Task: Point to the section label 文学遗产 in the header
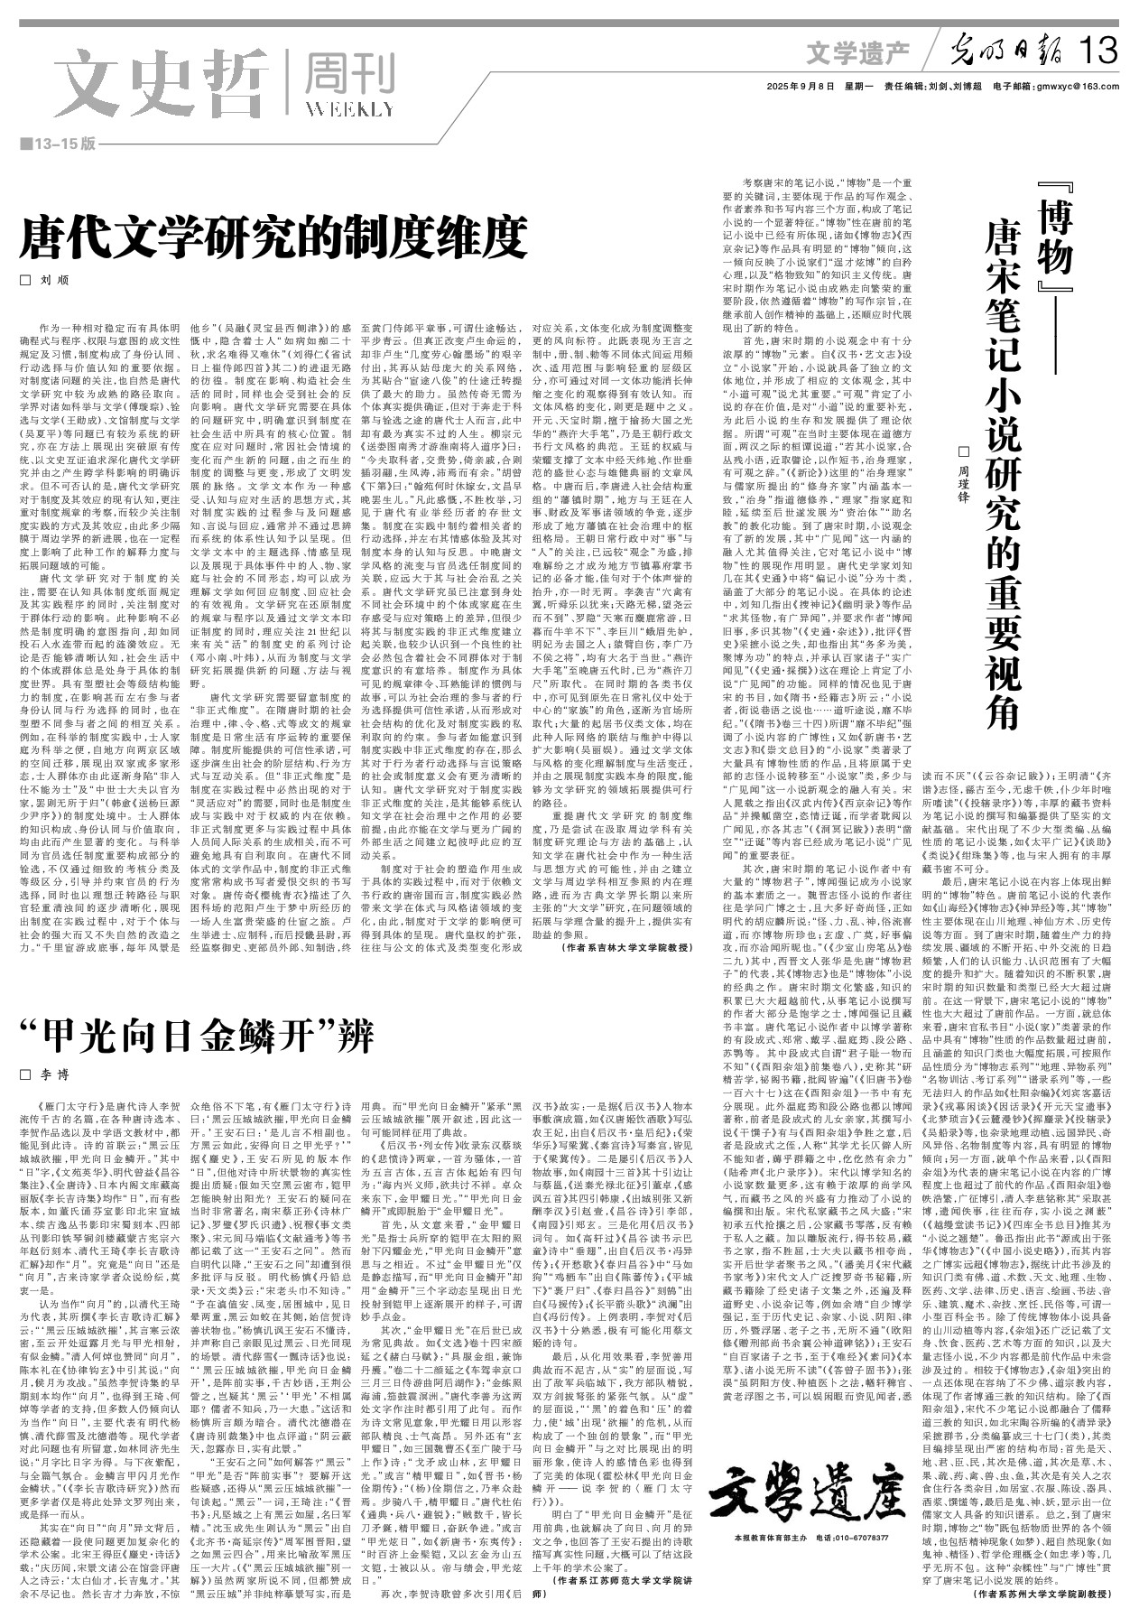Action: tap(857, 53)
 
